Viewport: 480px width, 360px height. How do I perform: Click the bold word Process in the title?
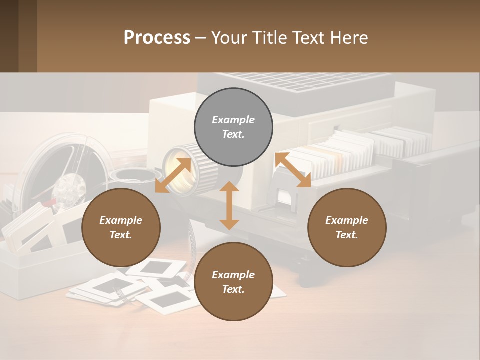(157, 38)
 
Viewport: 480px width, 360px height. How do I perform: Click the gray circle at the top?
(233, 127)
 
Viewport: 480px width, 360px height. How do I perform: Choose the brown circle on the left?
(121, 228)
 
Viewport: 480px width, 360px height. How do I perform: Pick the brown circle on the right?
(347, 228)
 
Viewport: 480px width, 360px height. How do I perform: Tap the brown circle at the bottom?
(233, 282)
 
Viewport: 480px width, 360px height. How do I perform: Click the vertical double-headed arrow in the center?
(229, 205)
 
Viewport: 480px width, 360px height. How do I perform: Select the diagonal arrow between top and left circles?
(173, 175)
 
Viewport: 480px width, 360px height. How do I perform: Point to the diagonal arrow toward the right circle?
(293, 170)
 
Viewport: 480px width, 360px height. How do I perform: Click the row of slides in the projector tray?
(350, 150)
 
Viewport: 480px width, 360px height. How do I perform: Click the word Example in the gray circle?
(233, 120)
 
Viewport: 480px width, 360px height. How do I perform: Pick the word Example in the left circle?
(121, 220)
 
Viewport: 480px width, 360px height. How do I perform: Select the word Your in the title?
(228, 38)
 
